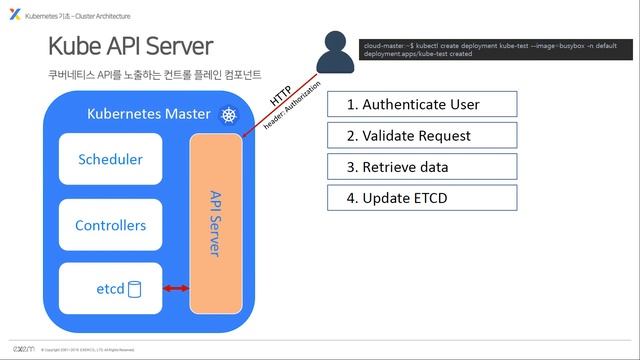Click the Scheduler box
110,160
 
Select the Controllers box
110,225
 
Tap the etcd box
110,289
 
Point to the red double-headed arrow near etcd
175,289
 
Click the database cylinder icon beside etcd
134,289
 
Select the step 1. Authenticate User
421,104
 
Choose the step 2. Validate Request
421,135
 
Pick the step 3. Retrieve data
421,166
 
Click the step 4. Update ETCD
421,197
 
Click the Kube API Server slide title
130,46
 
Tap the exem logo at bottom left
21,348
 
